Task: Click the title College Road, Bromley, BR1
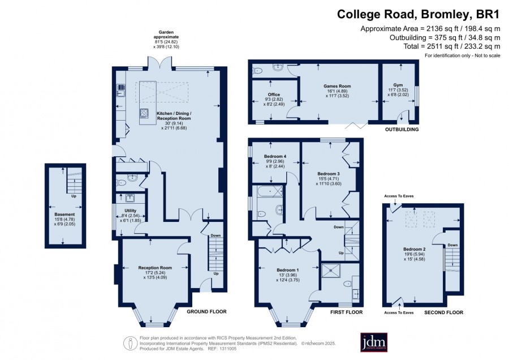tap(418, 14)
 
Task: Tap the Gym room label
tap(398, 85)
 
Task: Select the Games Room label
tap(337, 86)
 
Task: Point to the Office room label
tap(274, 95)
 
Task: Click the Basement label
tap(64, 215)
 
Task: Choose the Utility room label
tap(131, 211)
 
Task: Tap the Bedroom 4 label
tap(275, 156)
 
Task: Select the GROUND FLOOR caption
tap(207, 311)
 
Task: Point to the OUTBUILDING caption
tap(402, 129)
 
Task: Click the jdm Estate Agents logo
tap(374, 342)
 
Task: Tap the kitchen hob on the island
tap(144, 113)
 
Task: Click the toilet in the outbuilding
tap(257, 70)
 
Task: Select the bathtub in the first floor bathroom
tap(270, 191)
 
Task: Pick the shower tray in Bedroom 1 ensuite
tap(331, 271)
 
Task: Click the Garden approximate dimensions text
tap(166, 39)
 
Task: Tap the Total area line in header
tap(452, 46)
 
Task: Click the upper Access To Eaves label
tap(399, 196)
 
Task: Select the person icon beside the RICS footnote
tap(131, 343)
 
